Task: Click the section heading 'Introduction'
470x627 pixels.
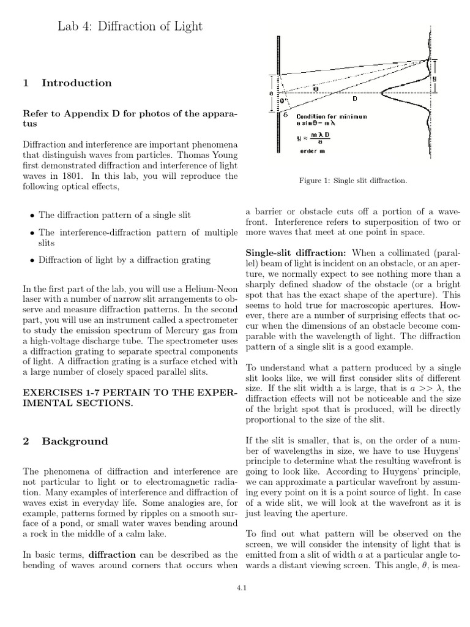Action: point(76,83)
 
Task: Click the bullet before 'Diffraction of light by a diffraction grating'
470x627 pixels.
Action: point(32,260)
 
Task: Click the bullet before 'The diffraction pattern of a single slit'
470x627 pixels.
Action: point(32,216)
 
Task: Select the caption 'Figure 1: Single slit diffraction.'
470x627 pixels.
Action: point(352,181)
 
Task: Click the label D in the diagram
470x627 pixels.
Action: point(355,99)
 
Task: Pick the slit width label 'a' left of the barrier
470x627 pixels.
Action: point(270,94)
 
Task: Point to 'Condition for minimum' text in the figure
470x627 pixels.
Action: point(332,116)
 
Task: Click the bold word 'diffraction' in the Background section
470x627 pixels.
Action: point(116,555)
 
